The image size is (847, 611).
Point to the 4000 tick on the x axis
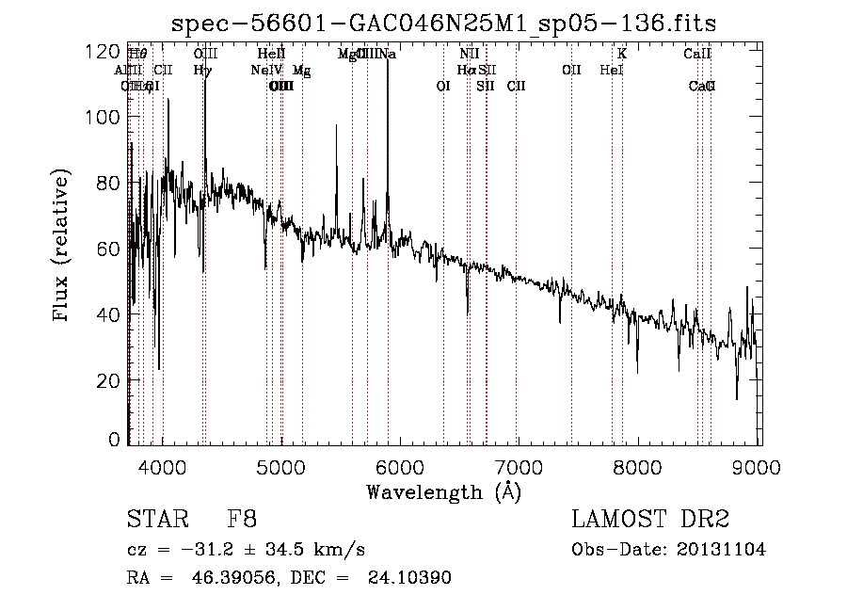(x=163, y=467)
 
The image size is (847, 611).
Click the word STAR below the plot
(x=154, y=520)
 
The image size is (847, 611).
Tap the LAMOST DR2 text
(x=650, y=520)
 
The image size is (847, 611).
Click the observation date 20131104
(x=724, y=550)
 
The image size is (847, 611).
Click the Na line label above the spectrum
(x=388, y=54)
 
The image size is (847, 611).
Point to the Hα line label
(x=466, y=70)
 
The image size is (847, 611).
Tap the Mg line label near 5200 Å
(x=301, y=70)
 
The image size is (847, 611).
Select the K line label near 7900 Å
(x=622, y=54)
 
